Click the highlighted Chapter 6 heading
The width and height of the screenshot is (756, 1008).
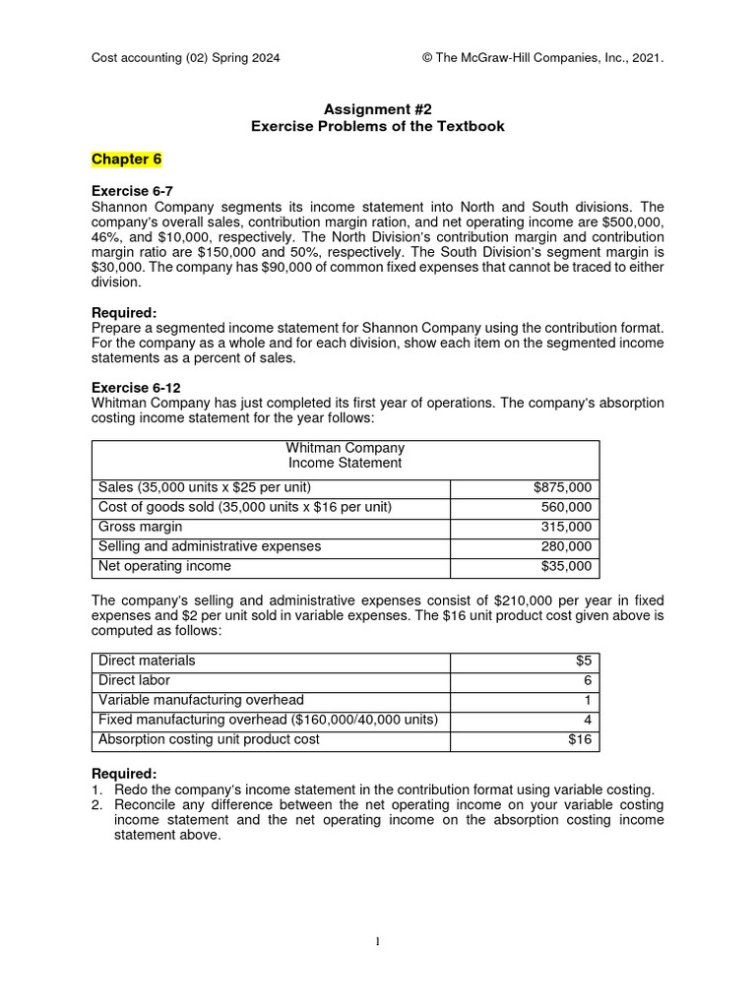click(x=126, y=159)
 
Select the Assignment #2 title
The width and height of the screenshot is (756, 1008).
click(x=377, y=109)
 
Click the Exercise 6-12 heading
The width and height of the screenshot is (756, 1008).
click(x=136, y=388)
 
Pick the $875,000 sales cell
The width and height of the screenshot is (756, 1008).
click(x=562, y=487)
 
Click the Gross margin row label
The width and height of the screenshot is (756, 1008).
click(x=140, y=527)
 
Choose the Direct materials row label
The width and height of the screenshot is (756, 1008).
click(x=147, y=661)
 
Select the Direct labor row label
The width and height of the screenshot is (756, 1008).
click(x=134, y=680)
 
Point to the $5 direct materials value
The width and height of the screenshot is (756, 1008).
click(x=583, y=661)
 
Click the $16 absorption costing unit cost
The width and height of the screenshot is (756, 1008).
click(x=580, y=739)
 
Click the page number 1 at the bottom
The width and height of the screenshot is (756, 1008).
click(x=377, y=941)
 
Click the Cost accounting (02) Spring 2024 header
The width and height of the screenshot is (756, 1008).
click(x=185, y=58)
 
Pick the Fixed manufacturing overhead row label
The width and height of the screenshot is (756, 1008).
click(x=268, y=720)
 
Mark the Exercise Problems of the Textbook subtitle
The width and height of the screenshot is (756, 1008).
click(x=377, y=126)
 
